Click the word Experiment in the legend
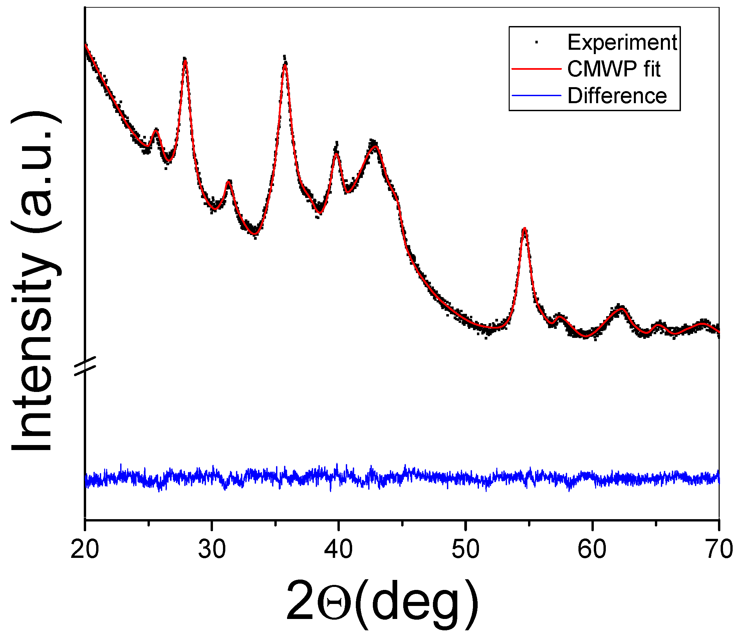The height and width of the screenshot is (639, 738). tap(622, 42)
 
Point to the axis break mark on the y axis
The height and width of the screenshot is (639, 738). tap(85, 366)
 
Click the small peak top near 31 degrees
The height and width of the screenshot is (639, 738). tap(229, 182)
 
